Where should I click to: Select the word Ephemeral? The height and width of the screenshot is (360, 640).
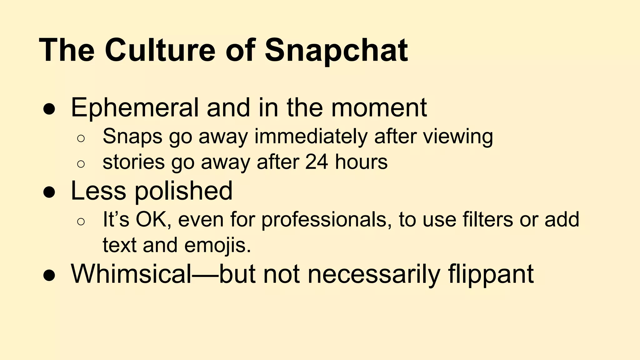click(135, 108)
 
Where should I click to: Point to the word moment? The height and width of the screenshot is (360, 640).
click(379, 108)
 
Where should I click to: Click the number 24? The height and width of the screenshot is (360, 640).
click(317, 162)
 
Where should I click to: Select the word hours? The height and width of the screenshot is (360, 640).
click(361, 162)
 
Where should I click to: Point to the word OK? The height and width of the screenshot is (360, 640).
click(153, 219)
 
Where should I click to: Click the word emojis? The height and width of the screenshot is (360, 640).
click(217, 245)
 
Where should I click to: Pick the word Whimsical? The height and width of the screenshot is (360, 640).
click(131, 274)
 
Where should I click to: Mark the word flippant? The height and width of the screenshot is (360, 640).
click(491, 274)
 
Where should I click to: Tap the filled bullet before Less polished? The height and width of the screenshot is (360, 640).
click(49, 192)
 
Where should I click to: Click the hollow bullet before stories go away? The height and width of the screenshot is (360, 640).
click(81, 164)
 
